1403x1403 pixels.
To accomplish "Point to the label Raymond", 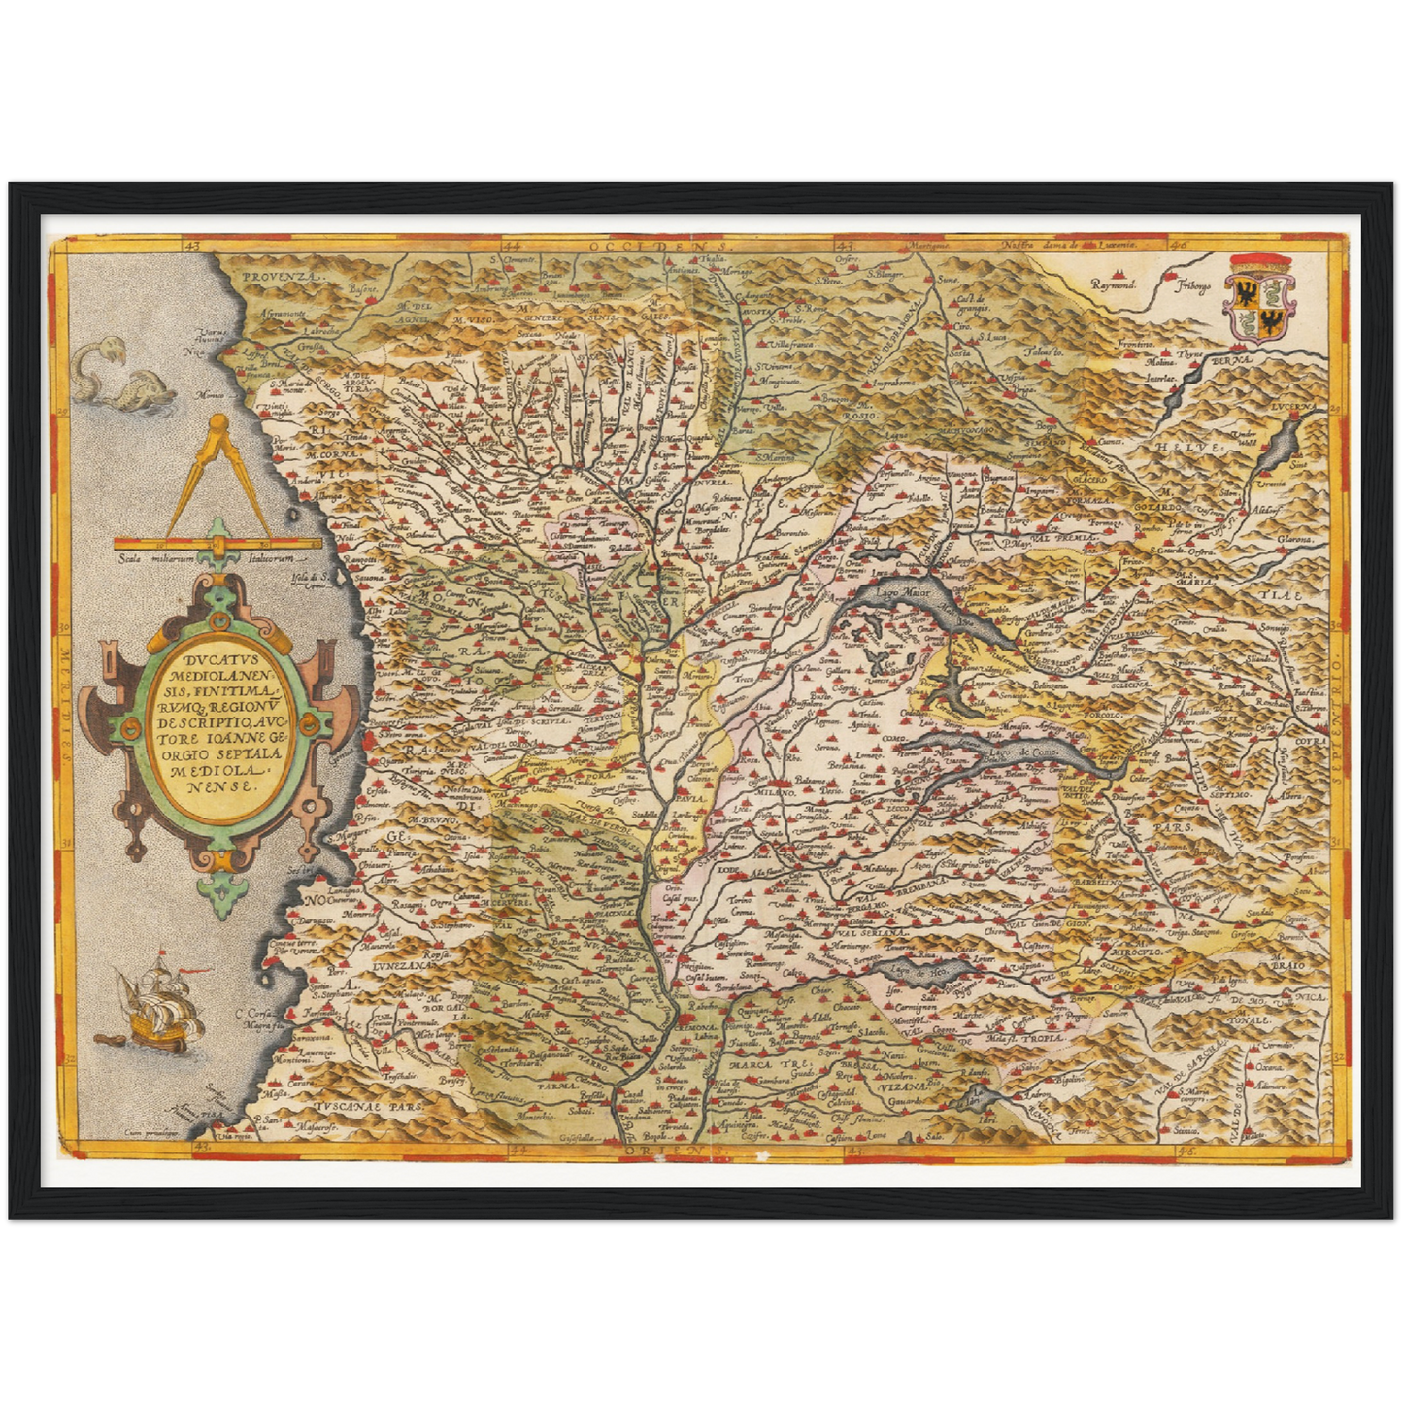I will (x=1113, y=286).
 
